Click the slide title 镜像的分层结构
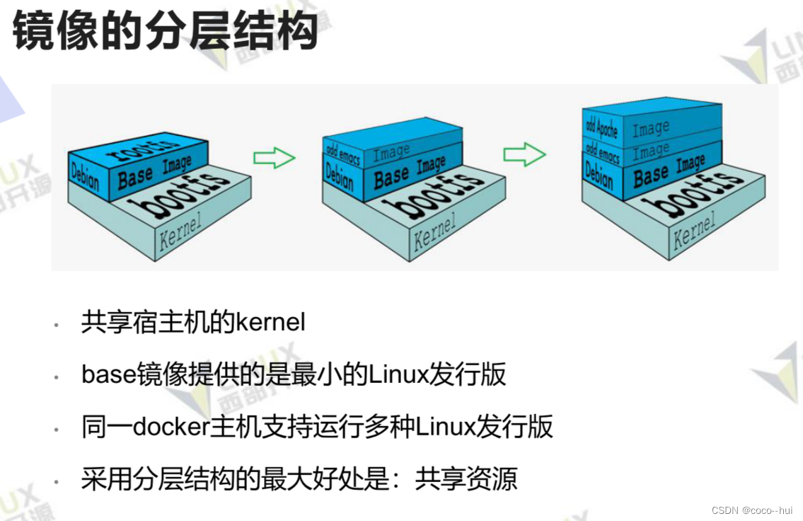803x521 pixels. [165, 30]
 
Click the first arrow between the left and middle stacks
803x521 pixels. [274, 158]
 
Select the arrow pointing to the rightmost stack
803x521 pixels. [524, 154]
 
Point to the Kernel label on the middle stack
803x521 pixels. [435, 229]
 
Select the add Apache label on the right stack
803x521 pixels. [601, 127]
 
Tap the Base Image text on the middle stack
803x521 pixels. [410, 172]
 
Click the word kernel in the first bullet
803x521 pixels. [271, 322]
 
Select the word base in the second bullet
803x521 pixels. [108, 374]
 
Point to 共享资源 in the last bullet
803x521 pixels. [466, 479]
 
